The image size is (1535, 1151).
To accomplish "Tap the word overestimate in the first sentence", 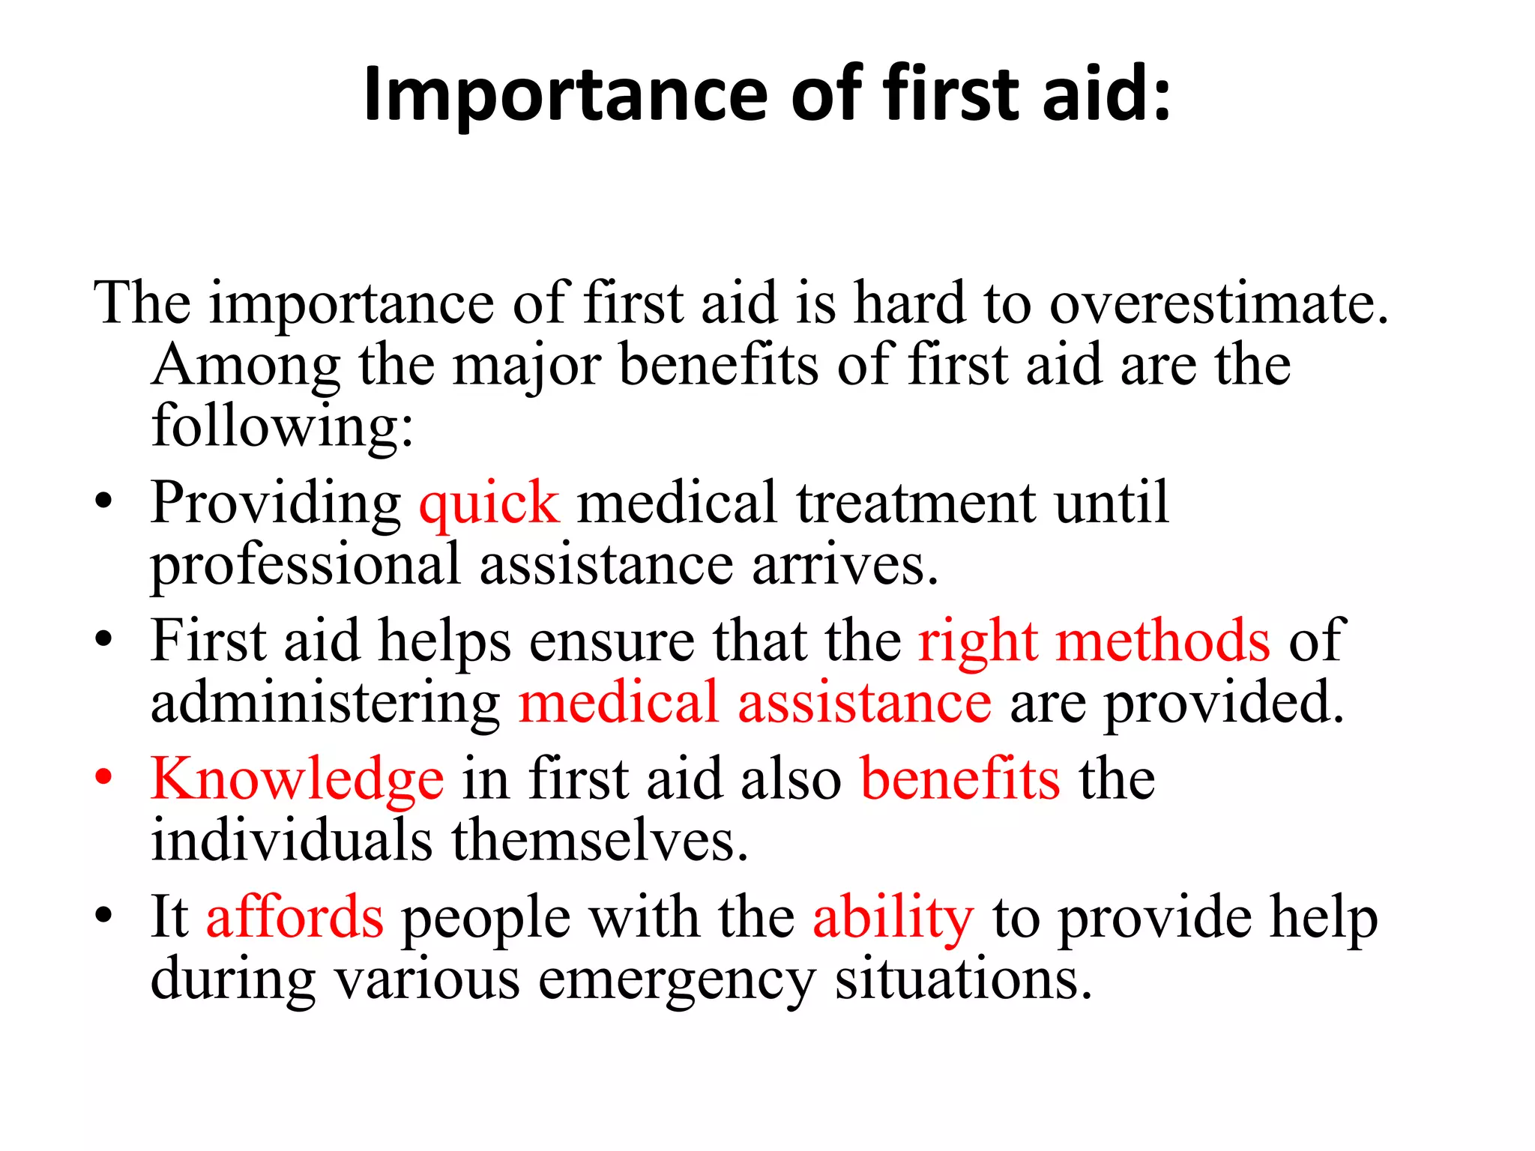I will click(x=1218, y=303).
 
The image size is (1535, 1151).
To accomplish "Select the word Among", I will click(x=246, y=365).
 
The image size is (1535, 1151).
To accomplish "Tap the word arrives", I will click(x=845, y=565).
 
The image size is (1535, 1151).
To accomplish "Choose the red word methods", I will click(x=1162, y=641).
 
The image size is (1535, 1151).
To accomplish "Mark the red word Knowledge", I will click(x=298, y=779).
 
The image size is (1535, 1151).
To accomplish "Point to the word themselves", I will click(x=600, y=841).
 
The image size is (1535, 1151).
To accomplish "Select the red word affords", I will click(x=295, y=917).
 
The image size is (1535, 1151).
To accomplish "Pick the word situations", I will click(x=964, y=979).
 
